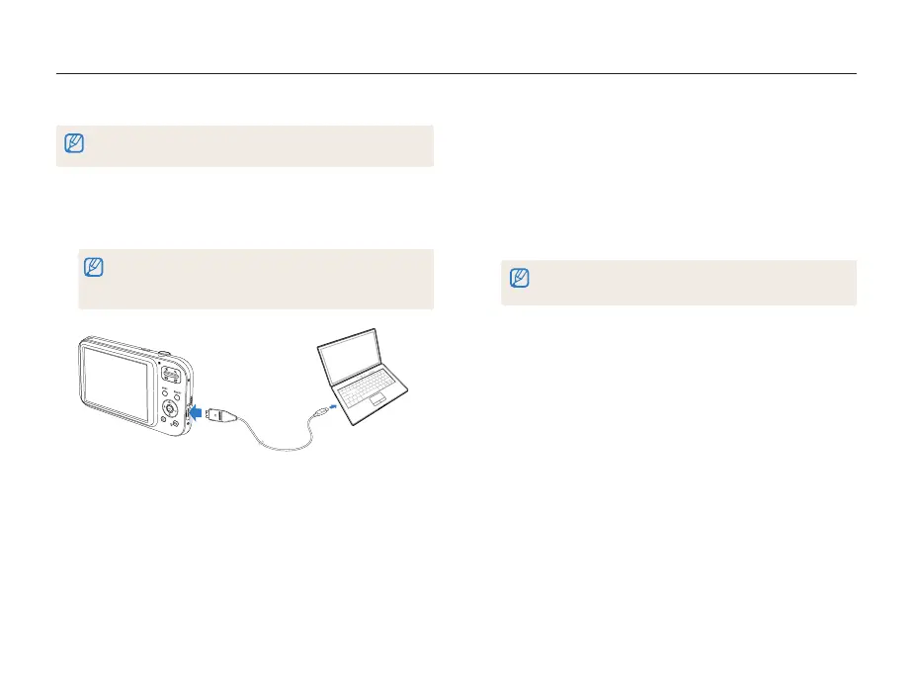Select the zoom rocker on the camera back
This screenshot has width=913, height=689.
(x=169, y=374)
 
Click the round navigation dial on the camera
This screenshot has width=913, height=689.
(x=170, y=406)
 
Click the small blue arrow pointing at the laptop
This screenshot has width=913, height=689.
(x=333, y=404)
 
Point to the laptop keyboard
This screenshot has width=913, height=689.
(x=367, y=386)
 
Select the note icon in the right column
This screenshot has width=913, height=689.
(x=520, y=280)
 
